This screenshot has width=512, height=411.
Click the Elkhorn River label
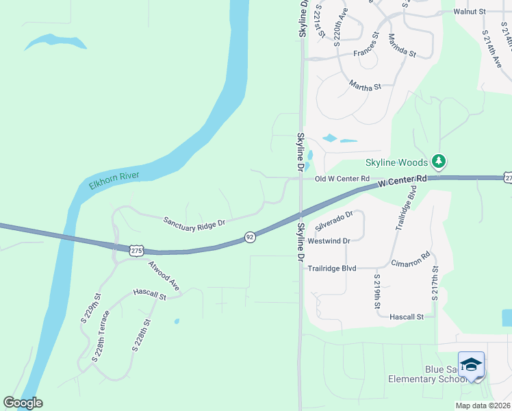click(114, 180)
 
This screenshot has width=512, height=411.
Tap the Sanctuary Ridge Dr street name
click(194, 222)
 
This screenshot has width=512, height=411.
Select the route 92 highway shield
click(250, 237)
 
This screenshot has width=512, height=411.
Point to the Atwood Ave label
click(165, 277)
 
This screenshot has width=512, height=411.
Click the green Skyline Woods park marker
click(439, 162)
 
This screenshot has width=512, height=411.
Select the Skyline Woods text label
click(396, 162)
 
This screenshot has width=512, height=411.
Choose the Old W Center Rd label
click(342, 179)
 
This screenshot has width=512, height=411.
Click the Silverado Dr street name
click(334, 221)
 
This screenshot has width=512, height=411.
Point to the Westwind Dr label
click(329, 241)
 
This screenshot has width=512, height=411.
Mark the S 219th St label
click(376, 291)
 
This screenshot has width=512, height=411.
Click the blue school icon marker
click(472, 364)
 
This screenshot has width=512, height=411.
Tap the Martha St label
click(365, 87)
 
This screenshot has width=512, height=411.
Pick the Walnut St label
click(470, 12)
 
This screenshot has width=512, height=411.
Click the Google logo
click(23, 403)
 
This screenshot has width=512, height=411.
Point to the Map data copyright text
click(482, 406)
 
